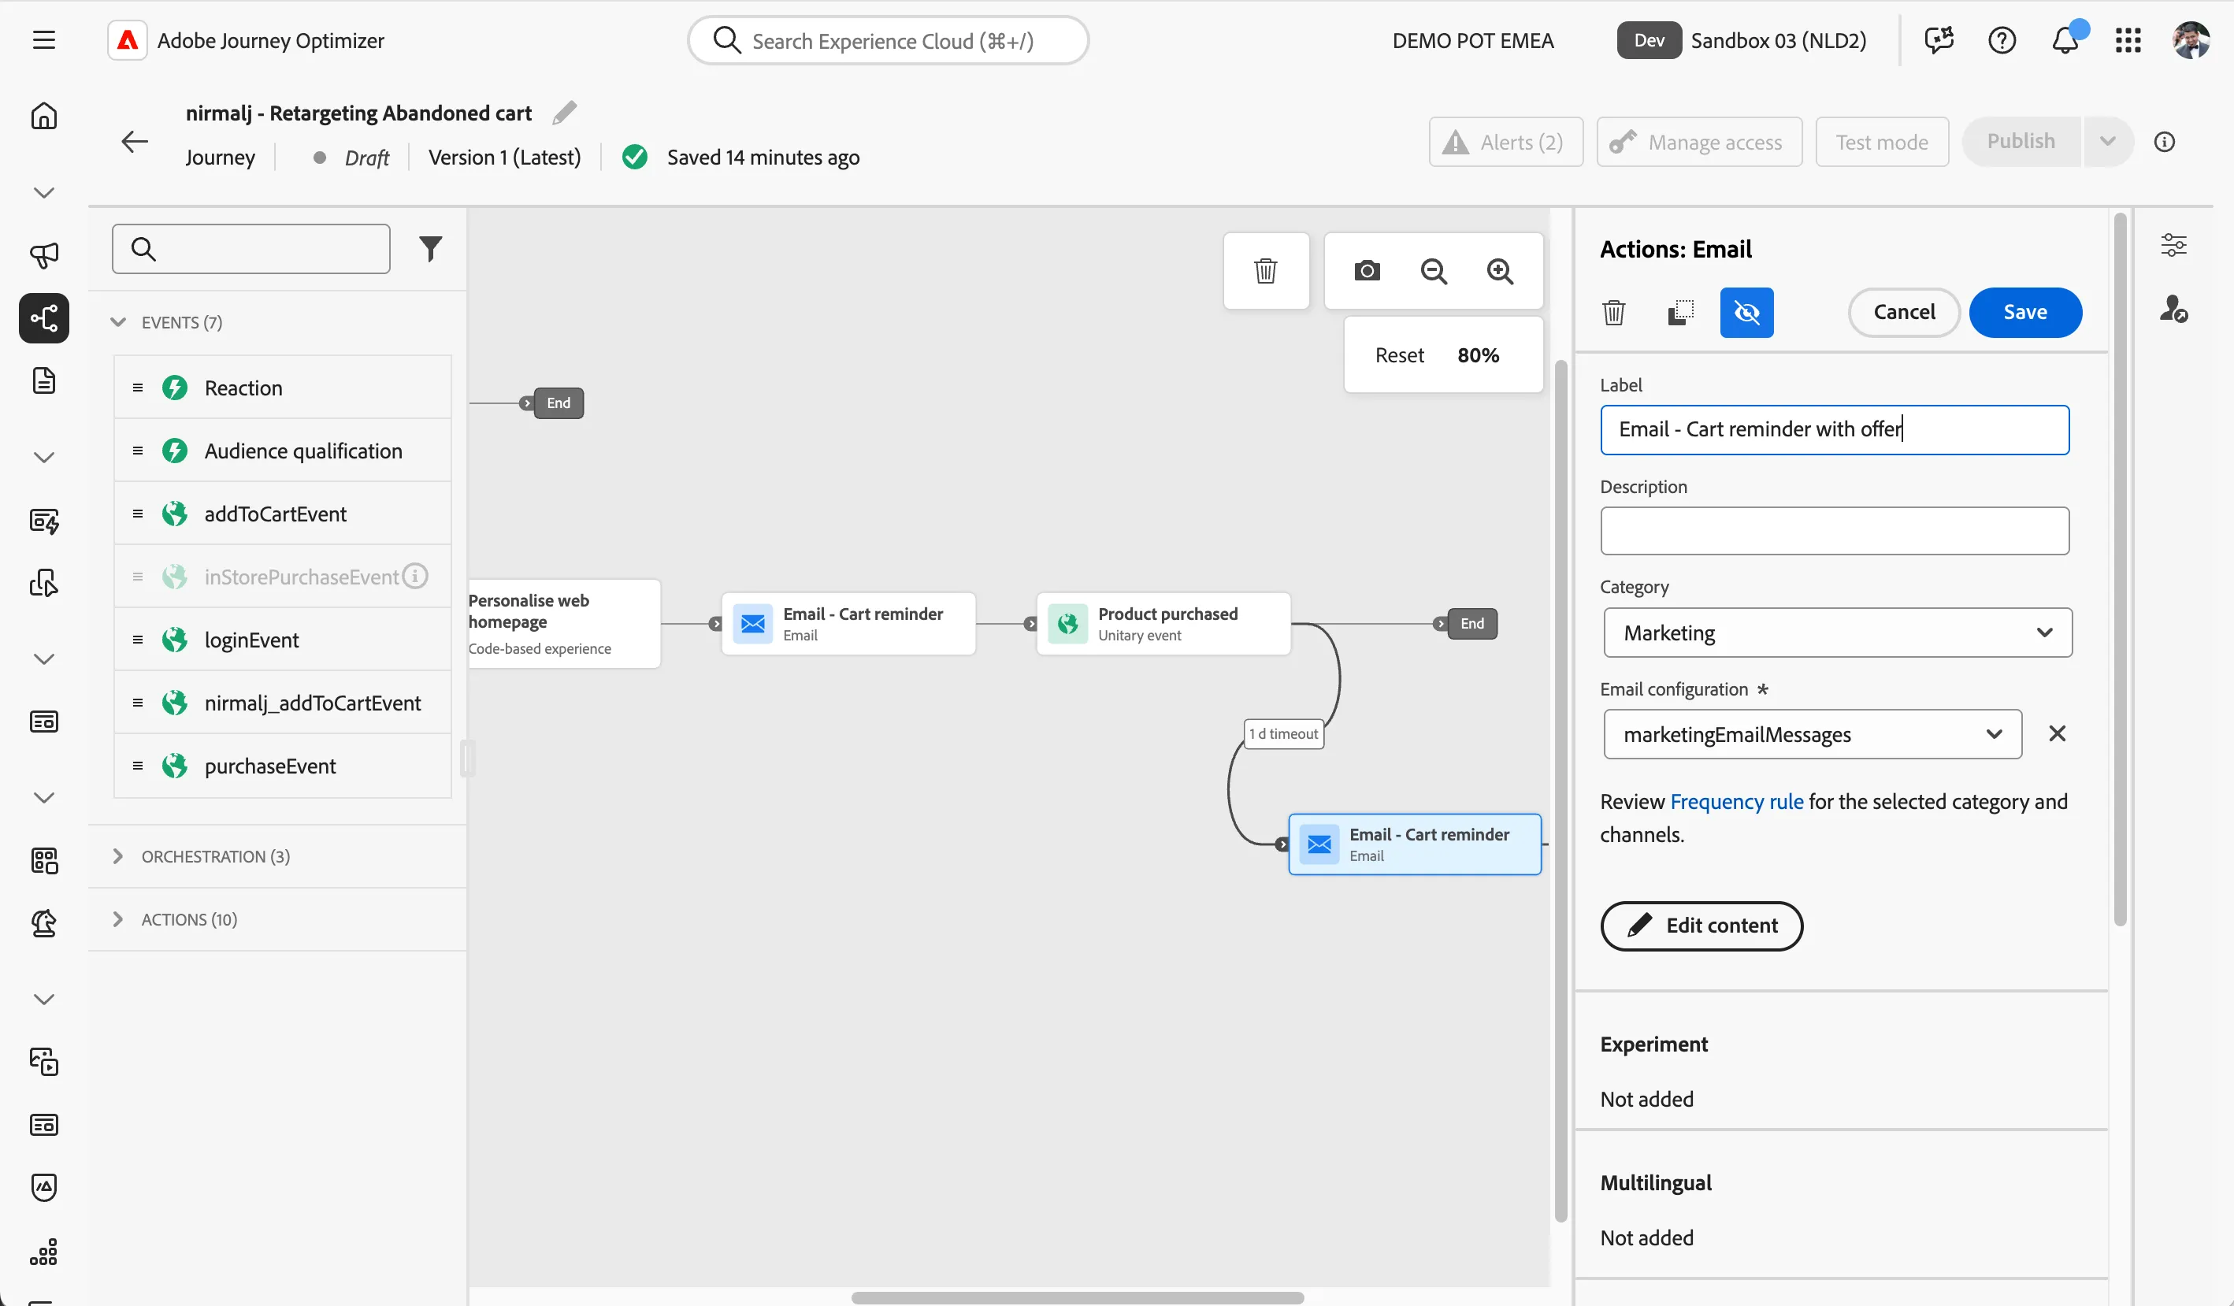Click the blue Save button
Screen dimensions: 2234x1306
[2024, 312]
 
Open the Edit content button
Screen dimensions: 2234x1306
[1701, 926]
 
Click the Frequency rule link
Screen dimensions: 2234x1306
[1736, 802]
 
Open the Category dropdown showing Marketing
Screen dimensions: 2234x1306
[1837, 633]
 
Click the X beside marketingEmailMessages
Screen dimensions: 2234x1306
[2057, 733]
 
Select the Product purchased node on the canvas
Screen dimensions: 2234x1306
[1163, 623]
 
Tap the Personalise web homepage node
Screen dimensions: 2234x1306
[564, 623]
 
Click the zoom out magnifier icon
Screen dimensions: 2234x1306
[1434, 270]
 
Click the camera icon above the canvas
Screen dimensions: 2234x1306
[1367, 270]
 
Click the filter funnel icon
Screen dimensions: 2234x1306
[430, 249]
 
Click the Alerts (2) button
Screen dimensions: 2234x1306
[1505, 142]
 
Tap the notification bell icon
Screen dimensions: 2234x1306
[2065, 40]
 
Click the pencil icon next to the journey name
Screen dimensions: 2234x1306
[565, 113]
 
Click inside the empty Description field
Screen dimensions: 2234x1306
[1834, 530]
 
